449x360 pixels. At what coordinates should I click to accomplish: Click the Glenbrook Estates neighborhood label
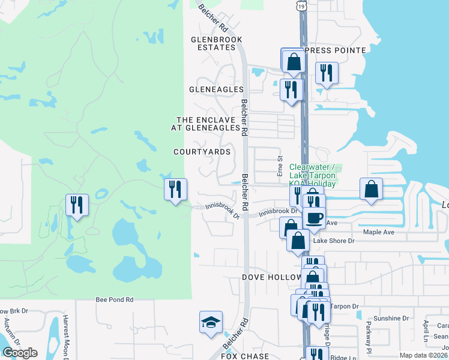click(216, 43)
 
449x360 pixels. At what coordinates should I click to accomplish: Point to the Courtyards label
click(202, 152)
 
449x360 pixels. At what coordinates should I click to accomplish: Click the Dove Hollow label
click(271, 277)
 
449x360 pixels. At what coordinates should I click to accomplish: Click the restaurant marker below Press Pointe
click(326, 73)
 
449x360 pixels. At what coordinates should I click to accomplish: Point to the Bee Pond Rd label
click(114, 298)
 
